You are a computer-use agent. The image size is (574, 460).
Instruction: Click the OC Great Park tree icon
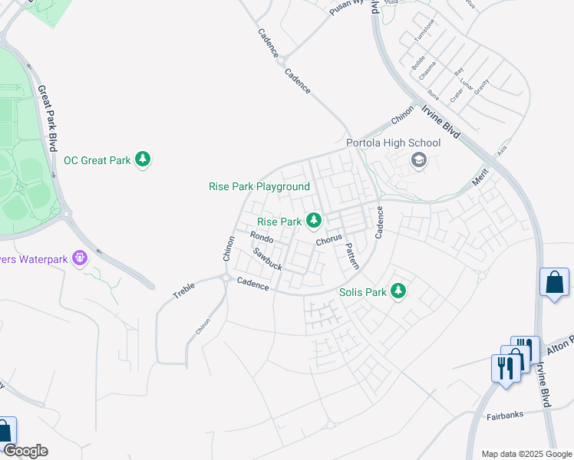coord(142,159)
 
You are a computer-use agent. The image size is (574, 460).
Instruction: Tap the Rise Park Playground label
coord(259,186)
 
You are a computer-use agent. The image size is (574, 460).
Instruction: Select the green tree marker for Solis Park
coord(398,291)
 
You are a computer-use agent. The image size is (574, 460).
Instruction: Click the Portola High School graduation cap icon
coord(418,160)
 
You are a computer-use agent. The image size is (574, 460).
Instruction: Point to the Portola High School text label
coord(393,143)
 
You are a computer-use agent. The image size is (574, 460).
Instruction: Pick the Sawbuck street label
coord(268,258)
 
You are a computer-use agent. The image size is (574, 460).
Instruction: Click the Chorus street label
coord(328,240)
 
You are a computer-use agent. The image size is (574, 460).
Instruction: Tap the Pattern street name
coord(351,256)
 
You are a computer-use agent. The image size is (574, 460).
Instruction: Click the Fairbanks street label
coord(505,416)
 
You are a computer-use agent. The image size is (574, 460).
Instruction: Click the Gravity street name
coord(481,87)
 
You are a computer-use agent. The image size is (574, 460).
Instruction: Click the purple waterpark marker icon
coord(80,258)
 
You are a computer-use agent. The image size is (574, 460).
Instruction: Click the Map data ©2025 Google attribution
coord(526,454)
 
